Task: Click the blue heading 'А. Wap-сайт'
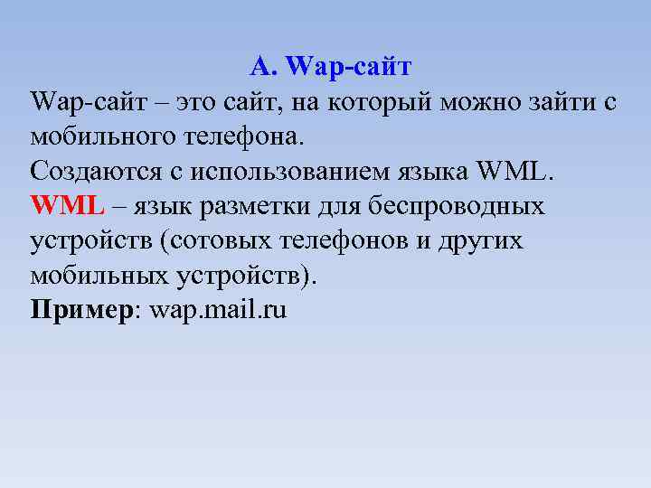click(x=330, y=66)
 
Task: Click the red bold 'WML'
click(x=68, y=207)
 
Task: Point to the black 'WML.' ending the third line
click(x=500, y=173)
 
